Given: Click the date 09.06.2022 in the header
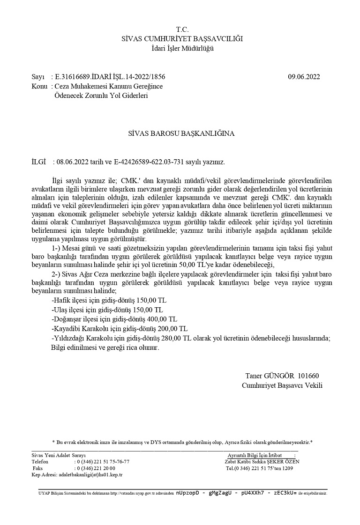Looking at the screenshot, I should click(304, 77).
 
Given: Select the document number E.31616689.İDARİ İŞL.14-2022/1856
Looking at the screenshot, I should click(110, 77).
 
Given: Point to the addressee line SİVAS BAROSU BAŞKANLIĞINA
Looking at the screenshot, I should click(181, 133).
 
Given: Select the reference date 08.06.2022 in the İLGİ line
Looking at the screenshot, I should click(70, 162).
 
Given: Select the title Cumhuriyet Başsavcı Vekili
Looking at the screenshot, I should click(282, 385).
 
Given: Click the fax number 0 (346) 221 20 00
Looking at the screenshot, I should click(95, 468).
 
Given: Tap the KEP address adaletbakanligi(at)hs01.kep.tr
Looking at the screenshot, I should click(89, 474).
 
